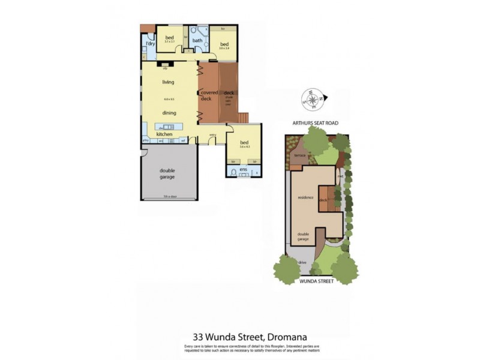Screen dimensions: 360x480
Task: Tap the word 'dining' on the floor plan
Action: point(169,112)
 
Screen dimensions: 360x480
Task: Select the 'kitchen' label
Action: point(164,134)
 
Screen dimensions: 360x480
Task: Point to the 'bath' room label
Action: point(197,40)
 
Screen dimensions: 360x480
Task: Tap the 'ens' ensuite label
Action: point(243,170)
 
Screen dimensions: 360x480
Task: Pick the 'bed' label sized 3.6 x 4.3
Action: point(244,143)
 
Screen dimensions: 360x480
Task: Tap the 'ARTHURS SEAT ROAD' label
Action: point(315,122)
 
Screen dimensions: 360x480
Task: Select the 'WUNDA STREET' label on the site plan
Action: point(316,280)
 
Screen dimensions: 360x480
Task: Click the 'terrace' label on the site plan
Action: point(299,155)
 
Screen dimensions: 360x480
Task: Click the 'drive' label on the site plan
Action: point(302,263)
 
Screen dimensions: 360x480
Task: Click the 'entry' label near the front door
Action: point(212,134)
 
